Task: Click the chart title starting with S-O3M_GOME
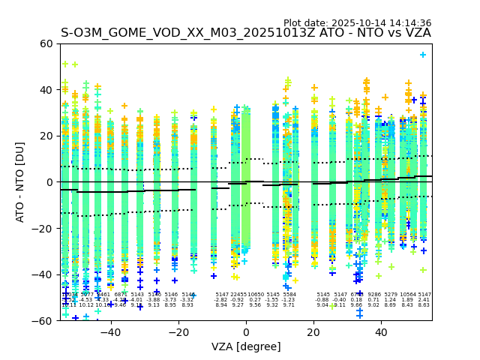(x=245, y=33)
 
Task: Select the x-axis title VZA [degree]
(x=245, y=346)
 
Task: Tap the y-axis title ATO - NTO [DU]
(x=20, y=182)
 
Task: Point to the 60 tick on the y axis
(x=46, y=43)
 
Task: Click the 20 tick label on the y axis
(x=46, y=136)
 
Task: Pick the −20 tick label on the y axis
(x=43, y=228)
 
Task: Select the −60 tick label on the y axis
(x=43, y=320)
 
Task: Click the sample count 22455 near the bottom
(x=238, y=295)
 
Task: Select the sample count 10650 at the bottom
(x=255, y=295)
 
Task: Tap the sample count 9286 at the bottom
(x=374, y=295)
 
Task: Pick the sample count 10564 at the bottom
(x=407, y=295)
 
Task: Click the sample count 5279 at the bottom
(x=391, y=295)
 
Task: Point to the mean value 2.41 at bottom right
(x=424, y=300)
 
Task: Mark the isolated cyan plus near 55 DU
(x=423, y=55)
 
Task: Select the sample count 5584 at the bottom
(x=289, y=295)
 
